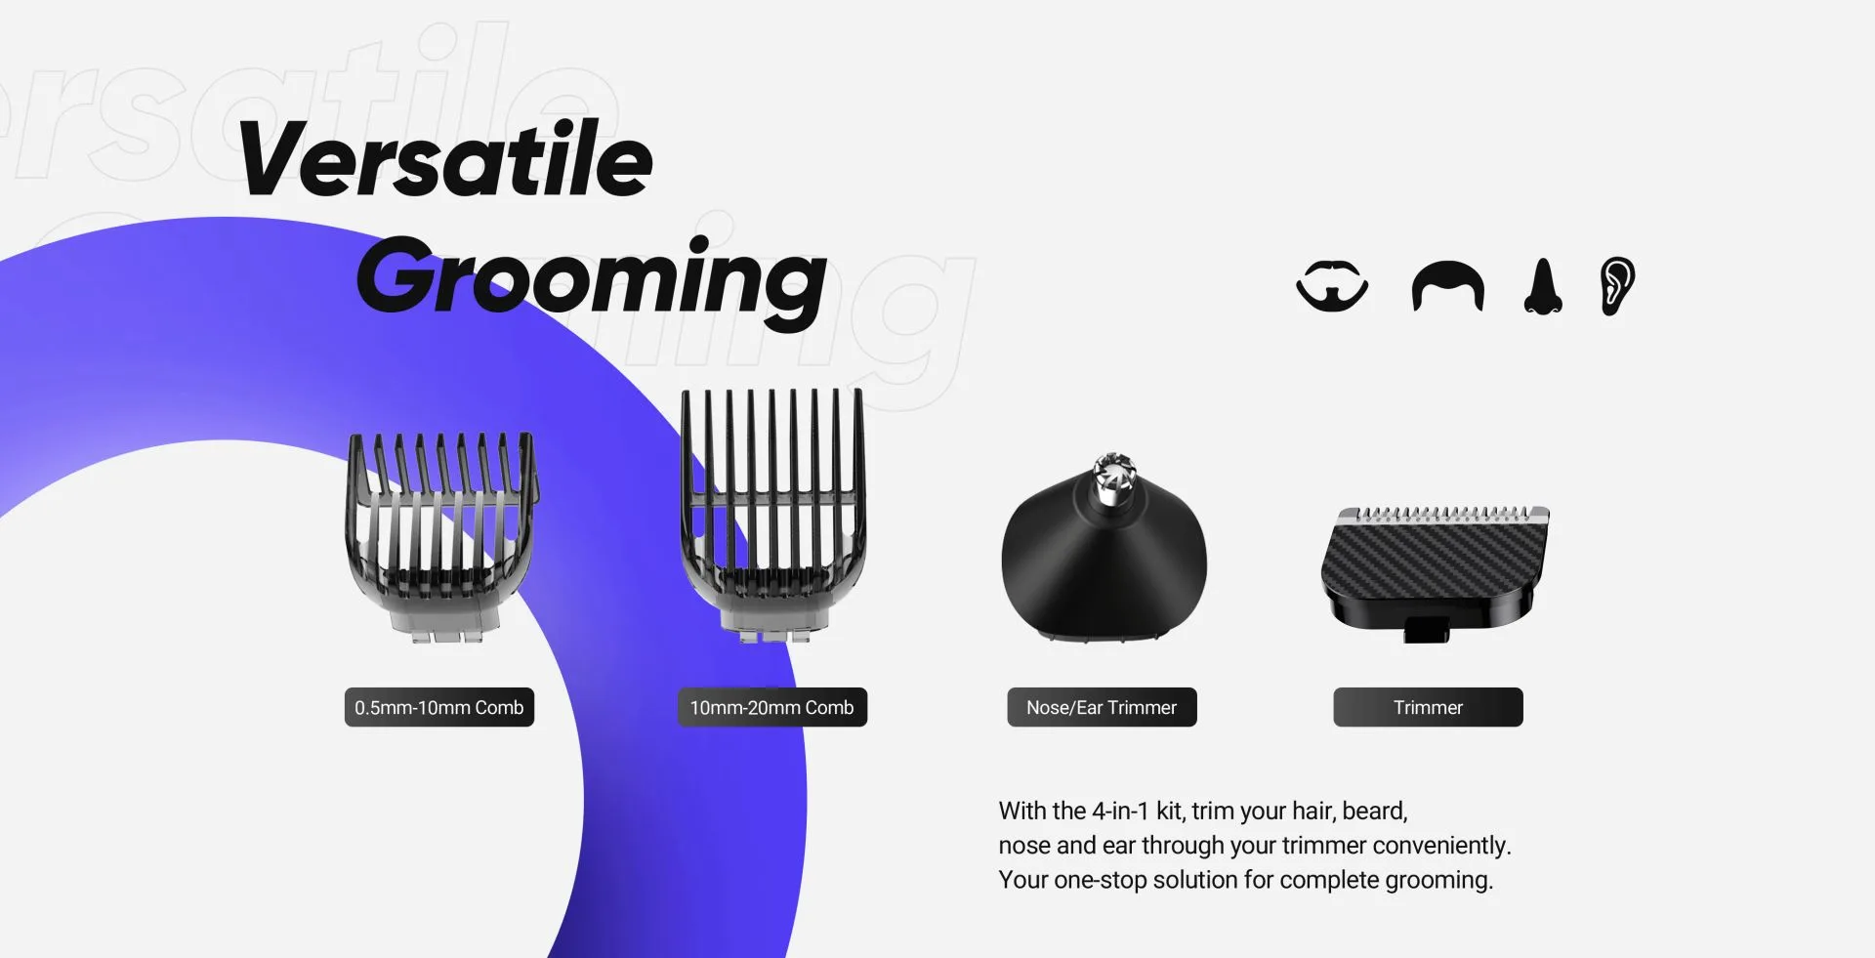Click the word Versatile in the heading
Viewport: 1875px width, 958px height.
445,159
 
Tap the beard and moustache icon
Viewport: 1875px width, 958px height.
1332,286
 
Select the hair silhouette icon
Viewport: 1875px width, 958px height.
1447,287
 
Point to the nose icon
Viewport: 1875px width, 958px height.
1543,287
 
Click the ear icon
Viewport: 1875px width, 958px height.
1617,286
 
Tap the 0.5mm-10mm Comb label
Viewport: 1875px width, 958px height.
438,707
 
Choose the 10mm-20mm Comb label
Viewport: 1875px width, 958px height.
771,707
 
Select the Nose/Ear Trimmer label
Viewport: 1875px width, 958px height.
1102,707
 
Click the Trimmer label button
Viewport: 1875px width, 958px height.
1428,707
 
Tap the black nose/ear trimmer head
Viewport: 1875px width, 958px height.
1104,566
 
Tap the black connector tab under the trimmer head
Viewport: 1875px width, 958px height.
1427,630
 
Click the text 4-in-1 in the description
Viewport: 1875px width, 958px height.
1120,811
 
